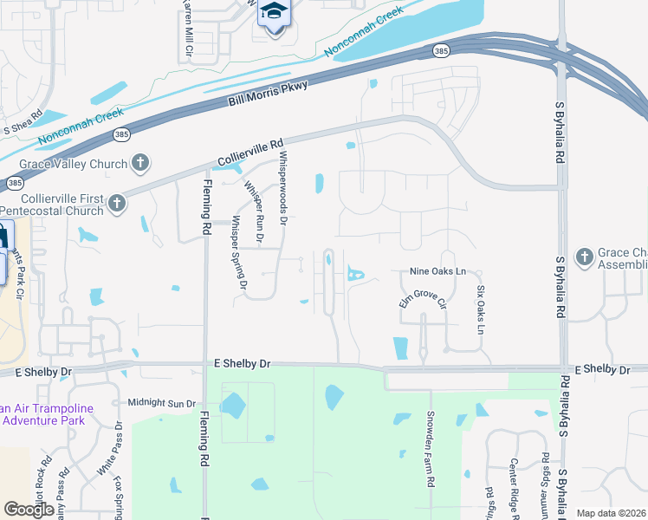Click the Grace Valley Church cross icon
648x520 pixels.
[139, 163]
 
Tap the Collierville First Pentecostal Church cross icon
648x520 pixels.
[117, 205]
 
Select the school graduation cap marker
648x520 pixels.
[275, 12]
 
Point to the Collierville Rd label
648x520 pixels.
[250, 154]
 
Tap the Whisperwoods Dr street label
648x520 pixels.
[282, 189]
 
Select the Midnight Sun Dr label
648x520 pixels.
[162, 403]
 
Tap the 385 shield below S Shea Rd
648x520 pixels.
[15, 184]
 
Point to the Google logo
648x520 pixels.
[29, 510]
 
